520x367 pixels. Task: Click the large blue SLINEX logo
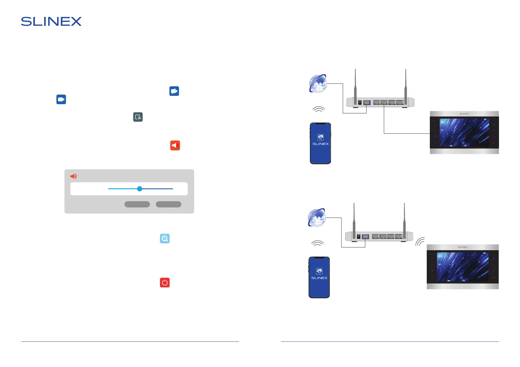pyautogui.click(x=51, y=22)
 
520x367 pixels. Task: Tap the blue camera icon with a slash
pyautogui.click(x=174, y=91)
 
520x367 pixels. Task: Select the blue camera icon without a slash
pyautogui.click(x=61, y=100)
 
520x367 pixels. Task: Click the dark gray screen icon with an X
pyautogui.click(x=138, y=117)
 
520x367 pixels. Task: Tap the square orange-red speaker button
pyautogui.click(x=175, y=145)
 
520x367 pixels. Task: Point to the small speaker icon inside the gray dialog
pyautogui.click(x=73, y=176)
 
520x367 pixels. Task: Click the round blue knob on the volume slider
pyautogui.click(x=140, y=189)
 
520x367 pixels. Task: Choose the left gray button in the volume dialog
pyautogui.click(x=137, y=204)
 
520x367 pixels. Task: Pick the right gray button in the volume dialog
pyautogui.click(x=168, y=204)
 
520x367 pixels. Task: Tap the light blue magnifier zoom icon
pyautogui.click(x=165, y=239)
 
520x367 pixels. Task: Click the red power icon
pyautogui.click(x=165, y=283)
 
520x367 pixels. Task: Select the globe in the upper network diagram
pyautogui.click(x=318, y=84)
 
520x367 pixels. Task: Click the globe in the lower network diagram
pyautogui.click(x=317, y=218)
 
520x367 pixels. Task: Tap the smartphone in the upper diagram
pyautogui.click(x=320, y=143)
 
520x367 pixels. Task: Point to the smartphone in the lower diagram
pyautogui.click(x=319, y=277)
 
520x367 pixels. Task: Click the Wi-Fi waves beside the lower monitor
pyautogui.click(x=420, y=242)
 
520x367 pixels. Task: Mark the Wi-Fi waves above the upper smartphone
pyautogui.click(x=319, y=109)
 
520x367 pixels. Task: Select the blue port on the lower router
pyautogui.click(x=366, y=237)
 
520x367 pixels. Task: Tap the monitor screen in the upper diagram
pyautogui.click(x=464, y=133)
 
